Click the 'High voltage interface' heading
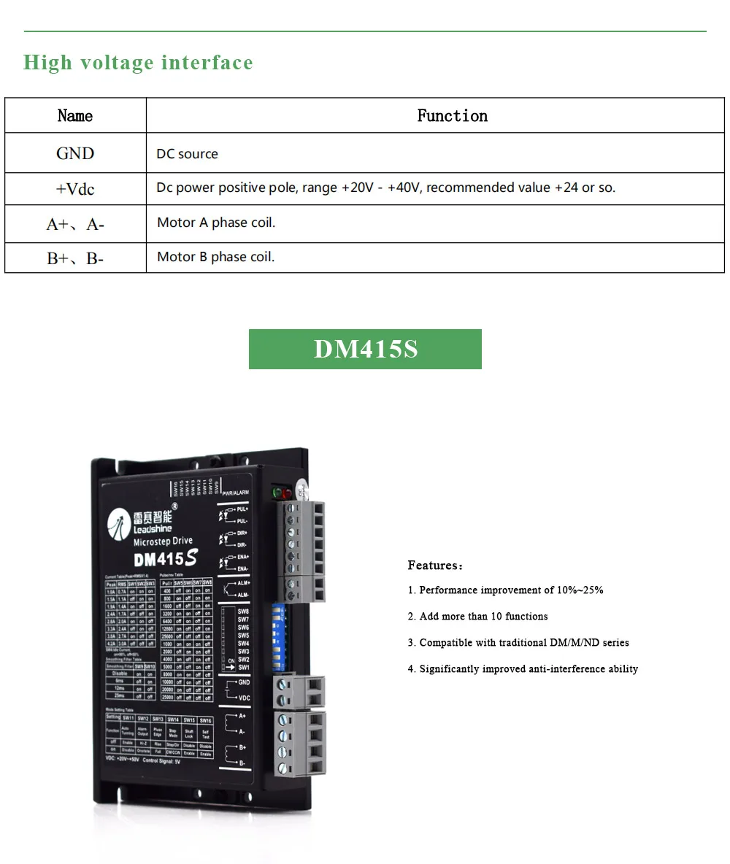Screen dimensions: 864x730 (138, 63)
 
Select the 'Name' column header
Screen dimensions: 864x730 (75, 116)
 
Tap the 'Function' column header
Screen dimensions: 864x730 (452, 116)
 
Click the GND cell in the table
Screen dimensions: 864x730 (75, 153)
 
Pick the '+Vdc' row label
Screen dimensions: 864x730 (75, 189)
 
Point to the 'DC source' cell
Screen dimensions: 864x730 (187, 154)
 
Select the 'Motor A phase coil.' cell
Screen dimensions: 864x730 (216, 223)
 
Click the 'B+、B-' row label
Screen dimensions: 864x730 (75, 258)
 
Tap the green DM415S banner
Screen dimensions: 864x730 (365, 349)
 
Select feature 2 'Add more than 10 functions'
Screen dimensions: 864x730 (483, 617)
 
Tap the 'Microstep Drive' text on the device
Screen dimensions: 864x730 (163, 541)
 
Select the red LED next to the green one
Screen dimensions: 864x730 (287, 493)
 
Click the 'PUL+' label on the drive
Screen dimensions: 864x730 (243, 508)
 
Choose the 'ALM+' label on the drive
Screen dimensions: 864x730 (243, 583)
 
